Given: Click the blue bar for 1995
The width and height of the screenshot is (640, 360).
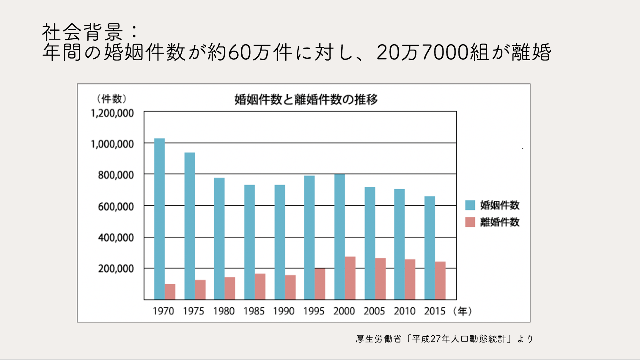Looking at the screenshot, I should click(309, 237).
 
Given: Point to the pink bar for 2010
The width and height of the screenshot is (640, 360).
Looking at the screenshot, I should click(410, 279).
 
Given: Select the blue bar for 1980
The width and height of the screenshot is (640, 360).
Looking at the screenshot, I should click(219, 239).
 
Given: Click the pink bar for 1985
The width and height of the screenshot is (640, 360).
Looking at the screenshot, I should click(260, 286).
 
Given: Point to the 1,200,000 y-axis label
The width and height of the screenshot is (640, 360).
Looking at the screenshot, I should click(112, 113).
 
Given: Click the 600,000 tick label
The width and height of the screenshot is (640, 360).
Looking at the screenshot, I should click(116, 207).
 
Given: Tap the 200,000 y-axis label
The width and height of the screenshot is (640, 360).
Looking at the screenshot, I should click(116, 269).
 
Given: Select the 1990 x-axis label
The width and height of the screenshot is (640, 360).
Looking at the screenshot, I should click(284, 311).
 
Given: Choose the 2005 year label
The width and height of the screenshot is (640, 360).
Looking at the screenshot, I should click(374, 311).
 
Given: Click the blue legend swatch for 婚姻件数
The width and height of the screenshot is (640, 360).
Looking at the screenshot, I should click(470, 205).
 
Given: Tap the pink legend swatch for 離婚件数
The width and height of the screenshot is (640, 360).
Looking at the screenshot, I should click(470, 222).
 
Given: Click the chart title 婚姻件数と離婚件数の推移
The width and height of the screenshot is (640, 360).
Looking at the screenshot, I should click(306, 100).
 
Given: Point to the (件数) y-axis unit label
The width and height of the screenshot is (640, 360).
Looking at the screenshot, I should click(112, 99).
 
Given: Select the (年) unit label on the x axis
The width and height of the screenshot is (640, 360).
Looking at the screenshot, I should click(463, 311).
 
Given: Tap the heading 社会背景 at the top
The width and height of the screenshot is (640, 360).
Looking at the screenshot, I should click(83, 32).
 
